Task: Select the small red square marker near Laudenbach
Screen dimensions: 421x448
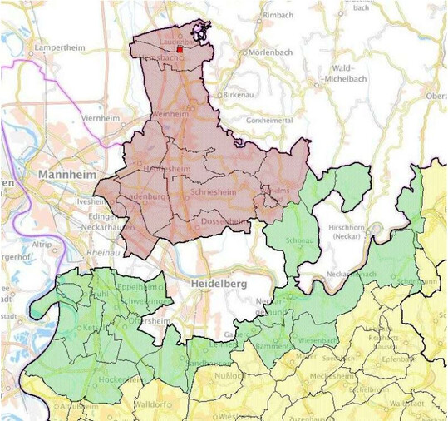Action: [x=180, y=50]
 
